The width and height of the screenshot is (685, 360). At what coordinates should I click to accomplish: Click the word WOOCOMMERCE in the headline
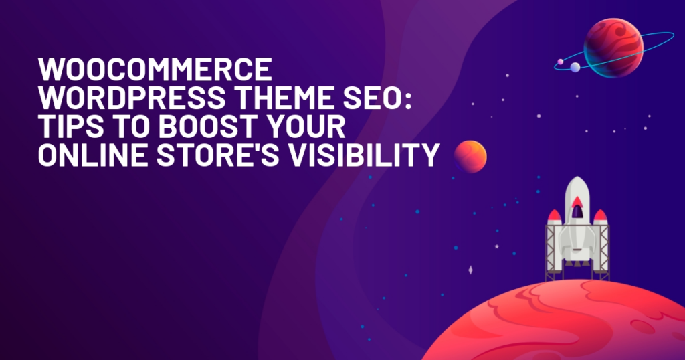(x=155, y=69)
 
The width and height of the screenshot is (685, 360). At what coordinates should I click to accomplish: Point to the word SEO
(x=372, y=98)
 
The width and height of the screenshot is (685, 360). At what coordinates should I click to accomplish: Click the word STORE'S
(x=217, y=155)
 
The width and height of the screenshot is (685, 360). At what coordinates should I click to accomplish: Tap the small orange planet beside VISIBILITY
(x=470, y=157)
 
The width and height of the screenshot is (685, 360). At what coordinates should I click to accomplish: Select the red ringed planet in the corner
(x=613, y=48)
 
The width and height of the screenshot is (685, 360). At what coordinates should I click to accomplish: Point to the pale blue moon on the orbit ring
(x=575, y=67)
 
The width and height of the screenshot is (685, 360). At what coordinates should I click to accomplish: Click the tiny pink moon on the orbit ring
(x=561, y=62)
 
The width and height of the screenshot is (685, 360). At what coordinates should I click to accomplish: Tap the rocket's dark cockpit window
(x=577, y=211)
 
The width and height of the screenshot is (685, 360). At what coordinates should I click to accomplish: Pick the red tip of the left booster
(x=555, y=215)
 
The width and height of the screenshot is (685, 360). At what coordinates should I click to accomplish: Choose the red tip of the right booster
(x=600, y=215)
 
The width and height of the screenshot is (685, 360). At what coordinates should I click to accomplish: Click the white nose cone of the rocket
(x=577, y=185)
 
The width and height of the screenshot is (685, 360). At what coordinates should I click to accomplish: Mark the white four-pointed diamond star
(x=470, y=270)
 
